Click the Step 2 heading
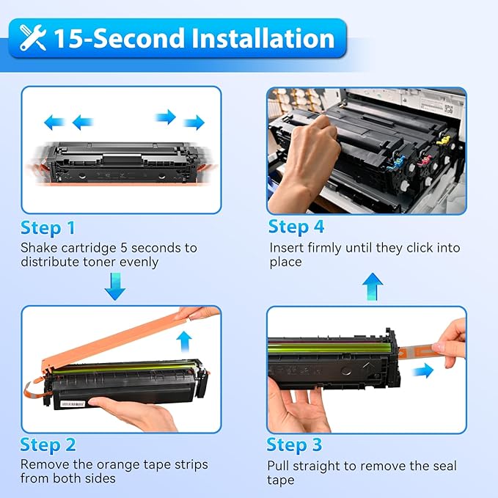tap(48, 444)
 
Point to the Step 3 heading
tap(294, 444)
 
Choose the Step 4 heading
tap(296, 227)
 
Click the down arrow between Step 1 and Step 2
tap(115, 287)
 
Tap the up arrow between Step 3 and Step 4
tap(373, 286)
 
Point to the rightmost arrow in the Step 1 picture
tap(194, 122)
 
